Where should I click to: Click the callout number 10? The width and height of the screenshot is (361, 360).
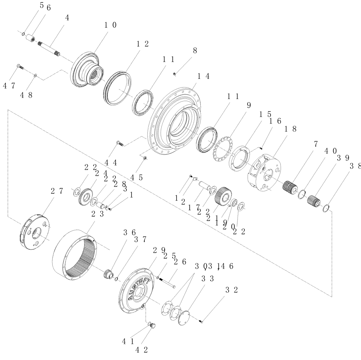[x=110, y=25]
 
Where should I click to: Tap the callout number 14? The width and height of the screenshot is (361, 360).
[x=204, y=76]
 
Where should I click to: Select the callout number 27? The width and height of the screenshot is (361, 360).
[x=56, y=191]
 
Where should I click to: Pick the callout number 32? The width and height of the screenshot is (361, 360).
[x=232, y=290]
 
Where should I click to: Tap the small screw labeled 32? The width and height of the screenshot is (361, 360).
[x=202, y=320]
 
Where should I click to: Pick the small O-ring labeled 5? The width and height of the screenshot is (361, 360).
[x=23, y=34]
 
